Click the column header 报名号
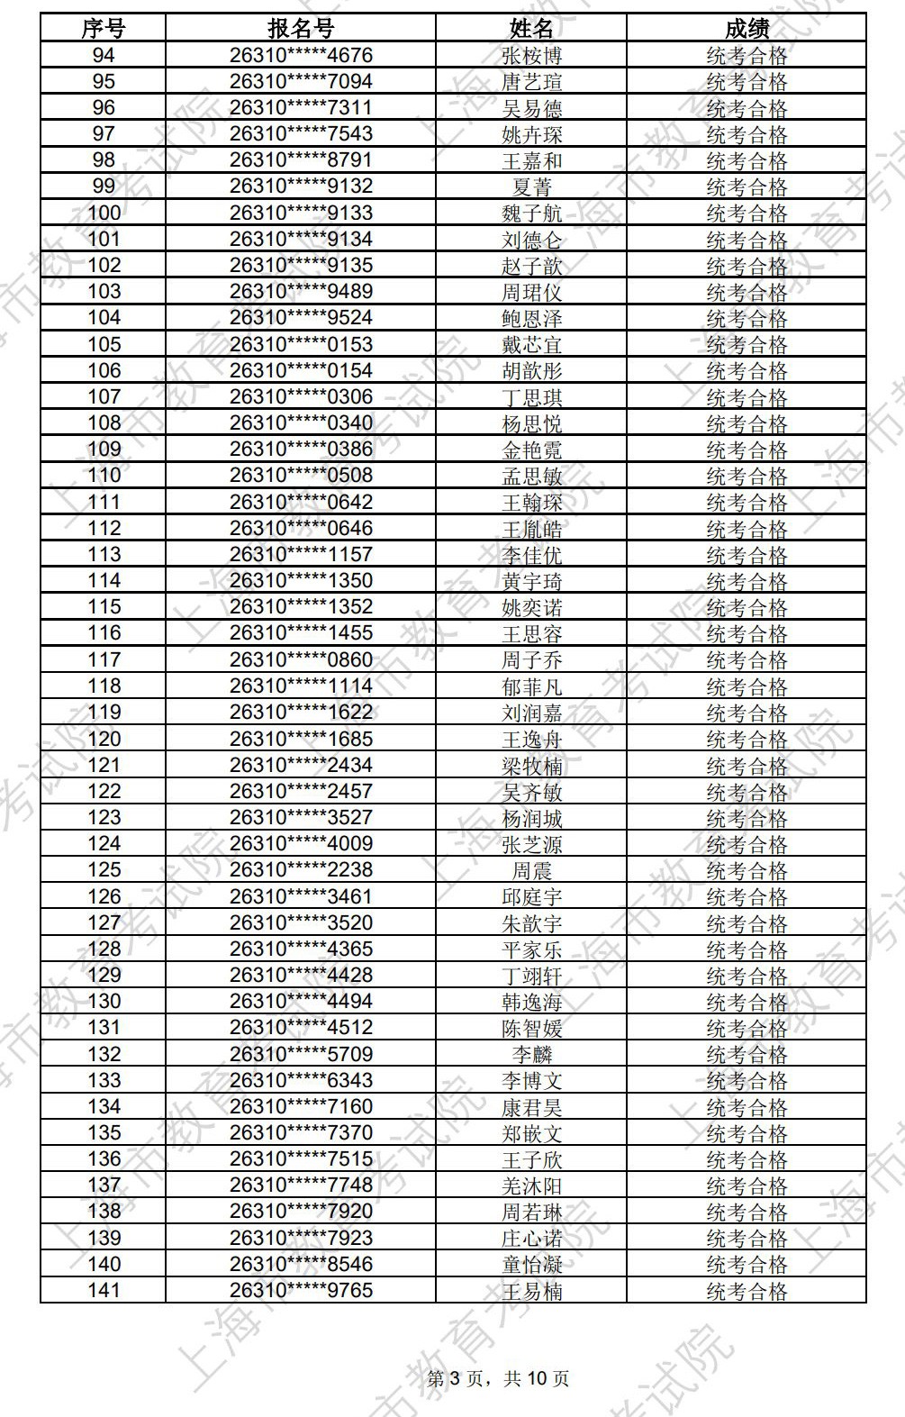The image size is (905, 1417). pos(301,29)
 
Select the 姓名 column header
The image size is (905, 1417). pos(531,29)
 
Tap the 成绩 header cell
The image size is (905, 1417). pos(747,29)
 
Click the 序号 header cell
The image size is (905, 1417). pos(104,29)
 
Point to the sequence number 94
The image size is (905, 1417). pos(104,55)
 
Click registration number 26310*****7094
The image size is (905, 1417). pos(301,81)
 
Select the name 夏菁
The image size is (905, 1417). pos(531,186)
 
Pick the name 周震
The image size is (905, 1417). pos(531,870)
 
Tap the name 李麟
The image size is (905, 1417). pos(531,1054)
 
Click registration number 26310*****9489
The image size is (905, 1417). pos(301,291)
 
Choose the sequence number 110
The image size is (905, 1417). pos(104,475)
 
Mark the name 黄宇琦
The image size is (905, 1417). pos(531,581)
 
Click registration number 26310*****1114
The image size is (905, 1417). pos(301,686)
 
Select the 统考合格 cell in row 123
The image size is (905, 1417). pos(747,818)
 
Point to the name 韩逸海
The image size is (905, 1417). pos(531,1002)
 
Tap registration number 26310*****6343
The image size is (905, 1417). pos(301,1080)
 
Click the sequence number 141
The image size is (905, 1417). pos(104,1290)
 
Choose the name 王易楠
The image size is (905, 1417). pos(531,1291)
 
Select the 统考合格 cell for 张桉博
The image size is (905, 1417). pos(747,56)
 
